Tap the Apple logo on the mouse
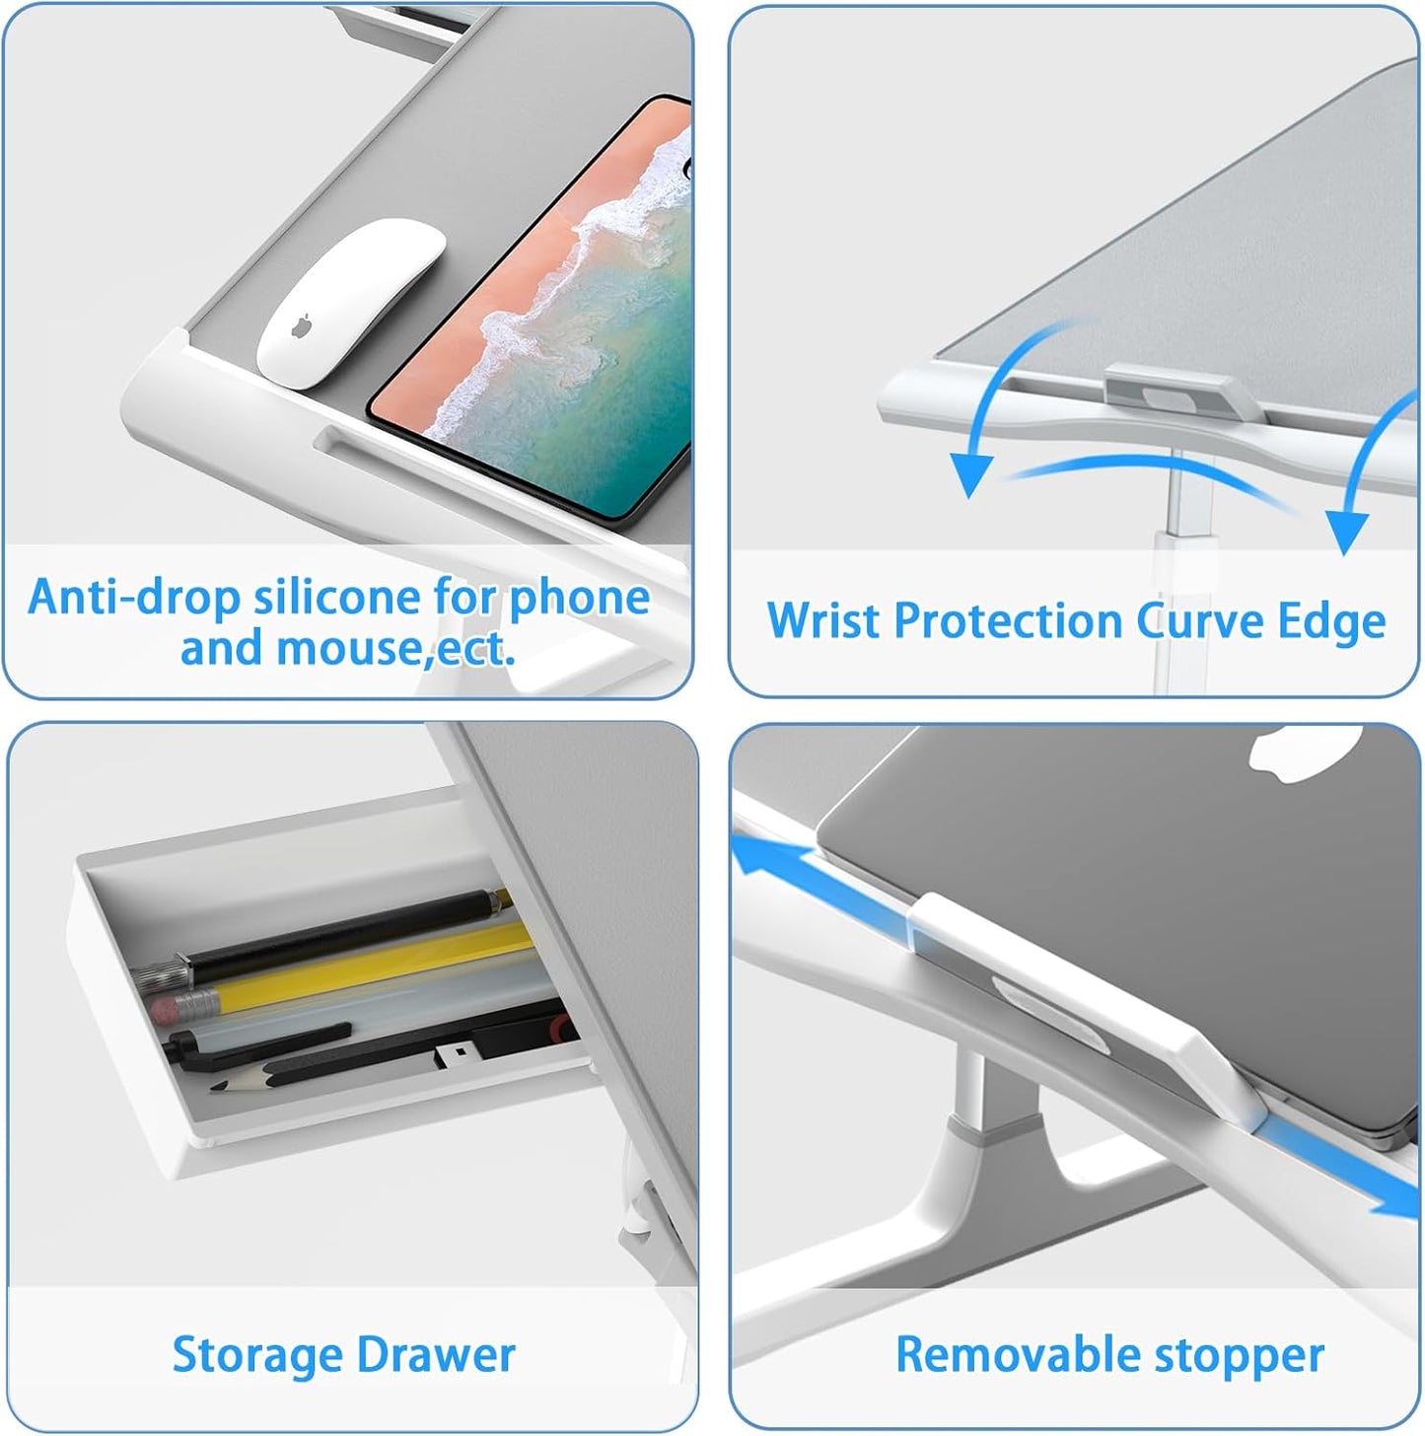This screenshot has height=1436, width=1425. [x=301, y=326]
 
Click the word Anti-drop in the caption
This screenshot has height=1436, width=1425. [x=134, y=598]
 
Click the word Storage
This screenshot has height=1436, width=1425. [x=257, y=1355]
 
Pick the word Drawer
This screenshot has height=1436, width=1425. [x=437, y=1355]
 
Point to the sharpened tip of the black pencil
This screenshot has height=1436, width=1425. [x=215, y=1087]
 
